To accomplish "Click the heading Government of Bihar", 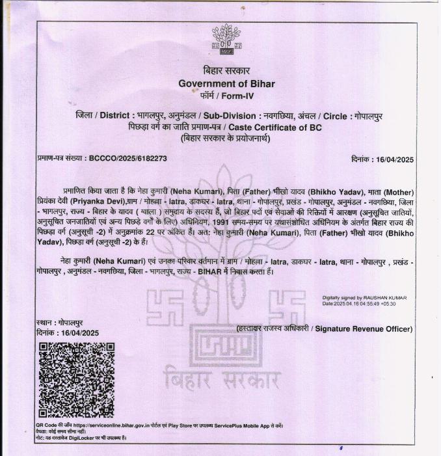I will (226, 83).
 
